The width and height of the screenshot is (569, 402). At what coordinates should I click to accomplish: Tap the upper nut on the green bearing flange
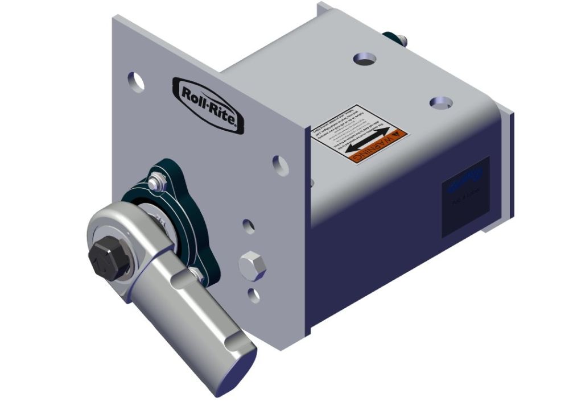158,182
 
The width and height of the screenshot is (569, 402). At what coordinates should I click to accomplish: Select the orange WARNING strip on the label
378,144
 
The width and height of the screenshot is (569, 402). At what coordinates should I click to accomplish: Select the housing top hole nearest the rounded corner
441,102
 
